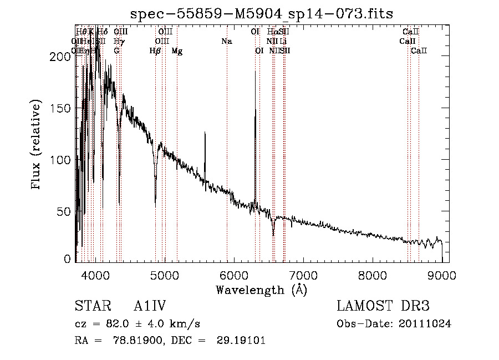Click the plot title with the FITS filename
click(x=262, y=14)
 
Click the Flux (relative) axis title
click(x=37, y=145)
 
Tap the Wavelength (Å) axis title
click(x=261, y=290)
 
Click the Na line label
click(x=226, y=41)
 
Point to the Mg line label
click(x=177, y=51)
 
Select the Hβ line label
click(x=155, y=51)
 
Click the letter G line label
click(x=116, y=51)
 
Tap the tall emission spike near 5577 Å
click(x=205, y=134)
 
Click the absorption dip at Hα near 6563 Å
click(x=273, y=233)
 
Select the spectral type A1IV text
click(x=150, y=306)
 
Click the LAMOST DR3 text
click(x=383, y=306)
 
